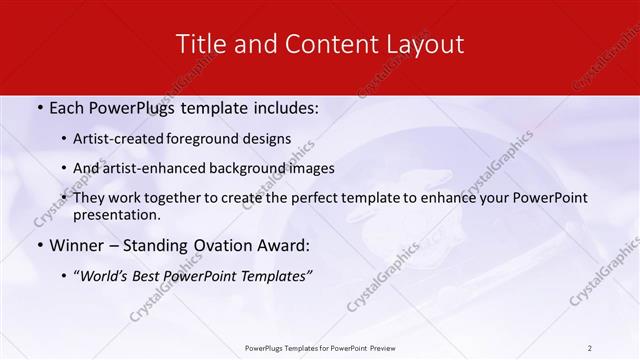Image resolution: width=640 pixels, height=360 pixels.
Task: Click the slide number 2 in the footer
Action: pyautogui.click(x=589, y=347)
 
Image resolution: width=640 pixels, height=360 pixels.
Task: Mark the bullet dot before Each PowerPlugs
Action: pyautogui.click(x=39, y=108)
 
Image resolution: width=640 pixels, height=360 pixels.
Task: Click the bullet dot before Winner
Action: pyautogui.click(x=39, y=246)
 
